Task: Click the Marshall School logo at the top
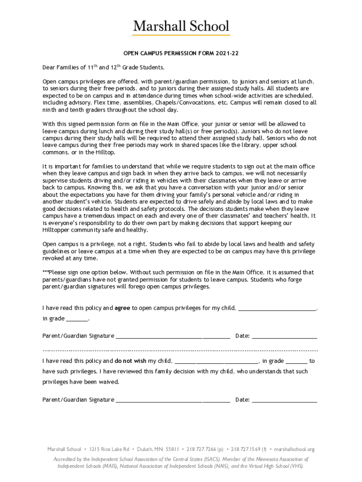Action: pos(181,26)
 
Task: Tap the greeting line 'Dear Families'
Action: pos(63,67)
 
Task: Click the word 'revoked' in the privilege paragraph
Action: pos(53,258)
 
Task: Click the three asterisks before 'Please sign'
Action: pos(46,272)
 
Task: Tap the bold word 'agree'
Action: pos(122,308)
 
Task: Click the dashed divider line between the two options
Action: pos(181,350)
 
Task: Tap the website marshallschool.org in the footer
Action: pos(294,450)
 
